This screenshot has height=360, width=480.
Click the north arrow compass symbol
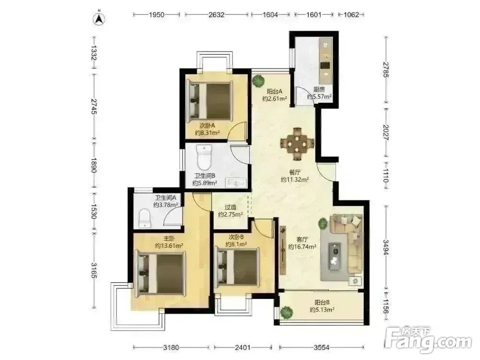[99, 18]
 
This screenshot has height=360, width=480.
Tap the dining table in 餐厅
[297, 143]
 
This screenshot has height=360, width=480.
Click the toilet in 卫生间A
[144, 218]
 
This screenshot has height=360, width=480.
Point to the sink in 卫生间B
[236, 183]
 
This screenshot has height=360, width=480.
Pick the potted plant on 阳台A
[258, 82]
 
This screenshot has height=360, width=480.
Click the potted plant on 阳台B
[286, 312]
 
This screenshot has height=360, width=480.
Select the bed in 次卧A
[209, 100]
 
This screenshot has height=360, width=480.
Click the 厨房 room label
[319, 90]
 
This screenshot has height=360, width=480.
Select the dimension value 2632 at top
[216, 14]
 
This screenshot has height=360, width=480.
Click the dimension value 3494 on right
[386, 247]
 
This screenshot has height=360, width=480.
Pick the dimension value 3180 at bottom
[171, 348]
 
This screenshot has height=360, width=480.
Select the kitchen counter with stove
[326, 61]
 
